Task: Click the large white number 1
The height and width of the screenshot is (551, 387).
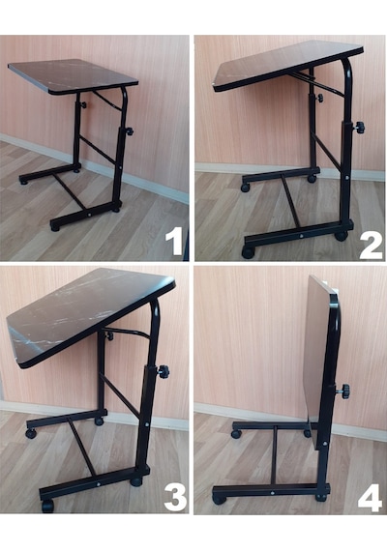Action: (175, 241)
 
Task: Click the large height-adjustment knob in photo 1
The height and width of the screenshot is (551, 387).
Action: (129, 131)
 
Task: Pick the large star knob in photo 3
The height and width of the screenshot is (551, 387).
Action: (163, 370)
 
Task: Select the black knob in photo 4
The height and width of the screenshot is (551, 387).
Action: (344, 391)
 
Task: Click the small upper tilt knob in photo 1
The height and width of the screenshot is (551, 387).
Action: (83, 104)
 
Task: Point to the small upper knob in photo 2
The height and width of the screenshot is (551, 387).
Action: (320, 98)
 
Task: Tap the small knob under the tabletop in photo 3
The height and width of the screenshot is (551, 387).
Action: (110, 336)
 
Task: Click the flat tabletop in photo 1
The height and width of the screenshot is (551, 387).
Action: (74, 75)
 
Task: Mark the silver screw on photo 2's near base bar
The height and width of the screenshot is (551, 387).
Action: (301, 236)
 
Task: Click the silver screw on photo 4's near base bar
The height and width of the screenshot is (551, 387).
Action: (274, 492)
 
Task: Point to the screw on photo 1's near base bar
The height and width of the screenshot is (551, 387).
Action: (89, 214)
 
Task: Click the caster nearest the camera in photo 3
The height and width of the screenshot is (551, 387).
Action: (47, 506)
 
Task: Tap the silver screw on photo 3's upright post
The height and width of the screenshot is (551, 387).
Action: (147, 424)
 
